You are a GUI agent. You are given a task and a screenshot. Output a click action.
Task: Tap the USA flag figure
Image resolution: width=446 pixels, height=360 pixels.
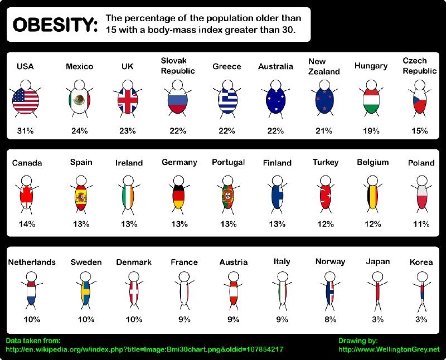click(x=25, y=100)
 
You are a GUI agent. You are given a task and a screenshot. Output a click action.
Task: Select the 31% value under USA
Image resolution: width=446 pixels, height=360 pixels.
click(x=25, y=131)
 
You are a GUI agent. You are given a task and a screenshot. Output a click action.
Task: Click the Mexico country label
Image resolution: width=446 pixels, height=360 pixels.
click(x=79, y=66)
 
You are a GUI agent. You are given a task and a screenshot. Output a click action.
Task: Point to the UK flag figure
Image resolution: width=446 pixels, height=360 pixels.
click(x=128, y=100)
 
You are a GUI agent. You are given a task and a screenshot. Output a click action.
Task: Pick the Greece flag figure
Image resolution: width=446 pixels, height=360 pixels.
click(x=227, y=100)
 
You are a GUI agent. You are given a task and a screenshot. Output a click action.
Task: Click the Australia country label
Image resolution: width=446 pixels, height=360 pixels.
click(x=275, y=66)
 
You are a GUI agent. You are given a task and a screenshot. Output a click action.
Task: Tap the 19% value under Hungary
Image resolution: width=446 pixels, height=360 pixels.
click(x=371, y=131)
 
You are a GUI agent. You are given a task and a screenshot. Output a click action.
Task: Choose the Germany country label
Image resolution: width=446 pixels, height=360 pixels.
click(x=180, y=162)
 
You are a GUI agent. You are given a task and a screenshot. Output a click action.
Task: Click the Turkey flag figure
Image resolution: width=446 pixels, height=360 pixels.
click(x=326, y=196)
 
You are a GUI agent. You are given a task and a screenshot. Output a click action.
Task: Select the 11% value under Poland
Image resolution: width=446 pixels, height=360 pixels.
click(x=421, y=224)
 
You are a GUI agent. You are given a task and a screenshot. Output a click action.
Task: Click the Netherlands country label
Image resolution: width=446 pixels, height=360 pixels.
click(x=32, y=262)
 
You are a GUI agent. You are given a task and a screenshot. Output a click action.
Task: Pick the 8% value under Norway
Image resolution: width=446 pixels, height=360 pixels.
click(x=330, y=319)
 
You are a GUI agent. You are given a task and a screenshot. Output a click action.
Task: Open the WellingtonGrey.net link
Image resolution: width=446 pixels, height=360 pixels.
click(x=389, y=349)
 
